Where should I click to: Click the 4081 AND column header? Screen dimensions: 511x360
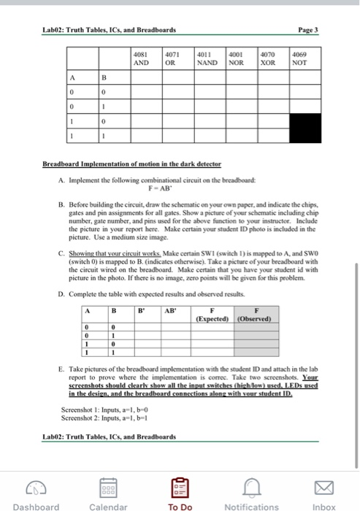click(143, 58)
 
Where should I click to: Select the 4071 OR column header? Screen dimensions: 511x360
click(172, 58)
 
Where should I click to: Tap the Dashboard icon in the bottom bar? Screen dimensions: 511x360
click(36, 483)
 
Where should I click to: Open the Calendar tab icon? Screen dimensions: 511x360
click(107, 483)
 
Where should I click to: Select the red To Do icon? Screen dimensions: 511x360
click(179, 483)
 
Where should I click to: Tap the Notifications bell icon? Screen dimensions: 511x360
click(251, 483)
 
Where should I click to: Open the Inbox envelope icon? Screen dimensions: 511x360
click(323, 483)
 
